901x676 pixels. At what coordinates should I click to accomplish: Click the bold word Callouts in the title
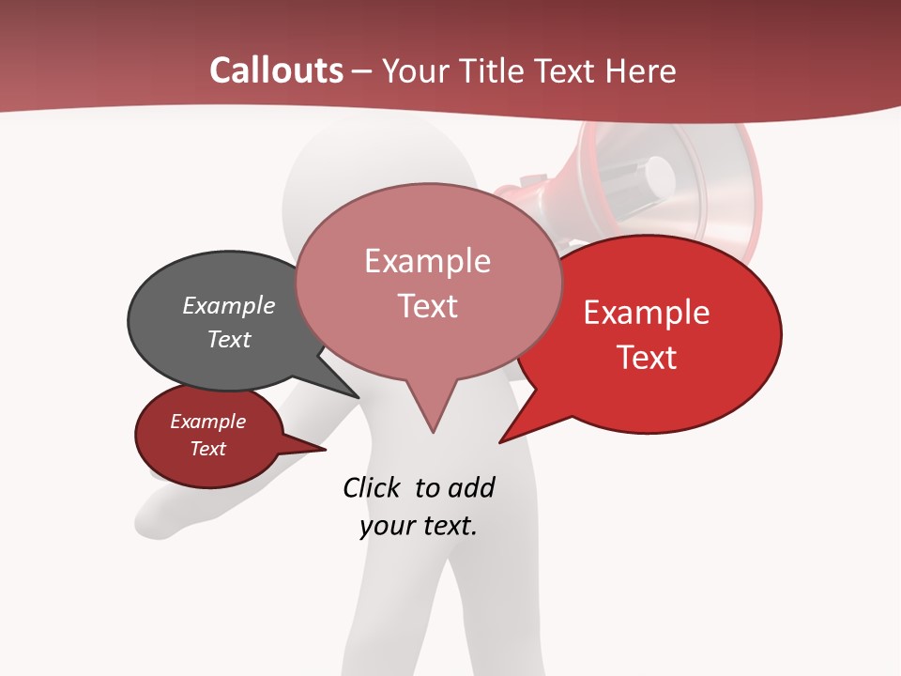coord(276,70)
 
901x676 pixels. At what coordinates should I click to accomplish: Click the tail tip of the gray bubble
coord(359,396)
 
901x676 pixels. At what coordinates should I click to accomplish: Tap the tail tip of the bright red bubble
coord(500,441)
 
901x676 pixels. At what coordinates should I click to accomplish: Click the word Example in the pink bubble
coord(427,261)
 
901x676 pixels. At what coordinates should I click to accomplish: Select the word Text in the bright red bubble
coord(647,358)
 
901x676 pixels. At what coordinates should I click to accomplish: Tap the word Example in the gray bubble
coord(229,306)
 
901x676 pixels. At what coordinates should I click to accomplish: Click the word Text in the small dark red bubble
coord(208,449)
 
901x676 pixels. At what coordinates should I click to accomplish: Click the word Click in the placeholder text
coord(373,487)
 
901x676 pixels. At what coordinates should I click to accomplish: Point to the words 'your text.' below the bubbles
coord(419,526)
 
